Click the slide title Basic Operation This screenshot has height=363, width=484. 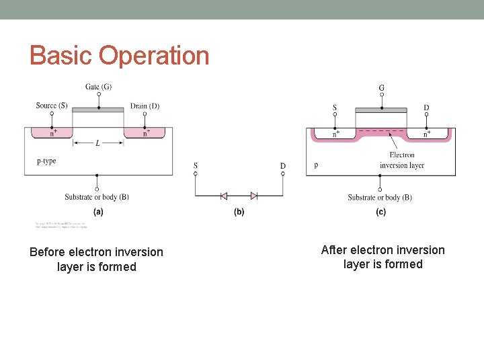click(x=120, y=55)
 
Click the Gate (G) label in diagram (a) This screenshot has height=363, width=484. click(x=99, y=87)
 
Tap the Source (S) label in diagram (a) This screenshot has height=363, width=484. click(x=52, y=106)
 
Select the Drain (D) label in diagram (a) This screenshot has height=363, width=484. click(x=145, y=106)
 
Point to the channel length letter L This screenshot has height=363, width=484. click(x=98, y=143)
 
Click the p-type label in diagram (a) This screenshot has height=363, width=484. click(x=46, y=161)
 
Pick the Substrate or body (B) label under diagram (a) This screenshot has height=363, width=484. click(x=97, y=197)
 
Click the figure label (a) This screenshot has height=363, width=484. click(x=98, y=212)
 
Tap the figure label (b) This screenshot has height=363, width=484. click(x=239, y=212)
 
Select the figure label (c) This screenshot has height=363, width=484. click(x=380, y=212)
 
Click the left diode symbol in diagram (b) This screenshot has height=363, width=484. click(x=224, y=196)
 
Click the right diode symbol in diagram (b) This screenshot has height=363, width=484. click(x=254, y=196)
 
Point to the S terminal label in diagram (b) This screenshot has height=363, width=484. click(x=196, y=165)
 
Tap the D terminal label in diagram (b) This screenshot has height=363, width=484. click(x=283, y=165)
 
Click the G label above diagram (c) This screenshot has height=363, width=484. click(x=382, y=87)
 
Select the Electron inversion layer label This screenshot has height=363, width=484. click(x=402, y=160)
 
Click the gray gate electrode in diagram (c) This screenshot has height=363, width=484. click(x=382, y=110)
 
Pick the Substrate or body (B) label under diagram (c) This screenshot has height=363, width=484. click(x=380, y=198)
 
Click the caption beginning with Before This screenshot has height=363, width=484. click(x=97, y=259)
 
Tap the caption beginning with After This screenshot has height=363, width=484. click(x=383, y=257)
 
